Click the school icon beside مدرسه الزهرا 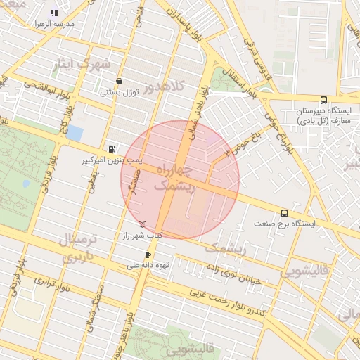(55, 13)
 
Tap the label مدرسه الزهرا (55, 23)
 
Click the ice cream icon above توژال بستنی (119, 81)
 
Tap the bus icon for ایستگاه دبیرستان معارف (323, 100)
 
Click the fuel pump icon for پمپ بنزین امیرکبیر (112, 149)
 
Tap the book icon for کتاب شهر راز (143, 224)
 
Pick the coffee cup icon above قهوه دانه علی (148, 255)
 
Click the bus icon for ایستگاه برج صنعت (284, 212)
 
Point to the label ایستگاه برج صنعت (285, 224)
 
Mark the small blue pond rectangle (74, 133)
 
